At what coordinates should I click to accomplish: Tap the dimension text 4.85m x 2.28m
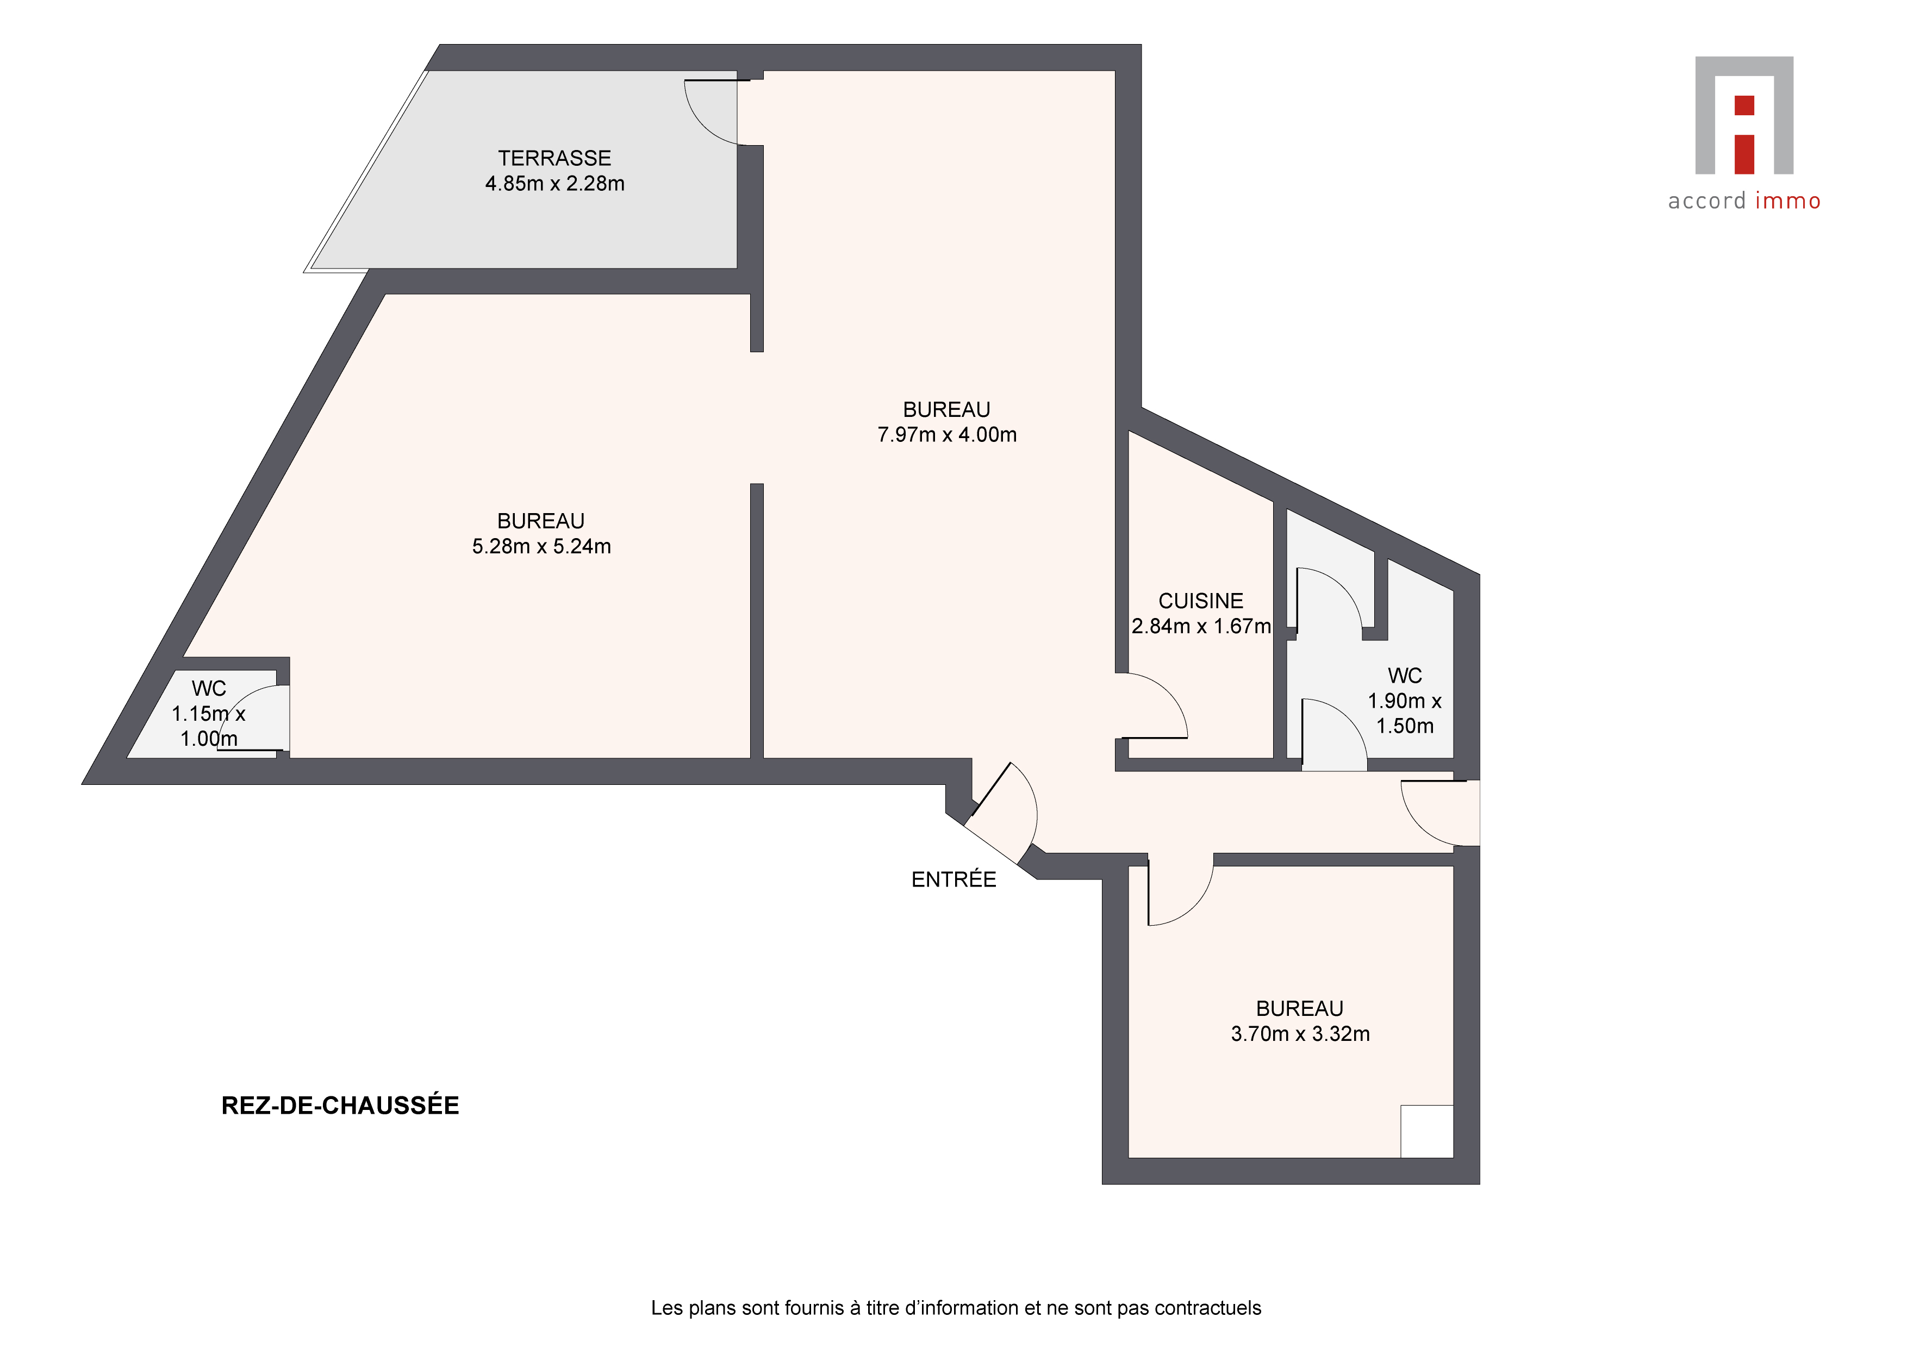tap(555, 184)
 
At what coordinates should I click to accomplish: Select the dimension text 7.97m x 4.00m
tap(947, 434)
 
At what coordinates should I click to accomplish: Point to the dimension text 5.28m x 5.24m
tap(541, 546)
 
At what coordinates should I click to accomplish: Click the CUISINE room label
tap(1201, 601)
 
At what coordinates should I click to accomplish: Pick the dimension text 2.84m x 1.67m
tap(1201, 626)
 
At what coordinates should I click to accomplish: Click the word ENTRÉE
tap(954, 879)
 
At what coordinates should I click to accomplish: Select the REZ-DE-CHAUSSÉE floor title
tap(340, 1106)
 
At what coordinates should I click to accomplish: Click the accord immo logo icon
tap(1744, 115)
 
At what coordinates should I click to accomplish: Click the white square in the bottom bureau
tap(1427, 1131)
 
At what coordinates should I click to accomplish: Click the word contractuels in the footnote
tap(1208, 1308)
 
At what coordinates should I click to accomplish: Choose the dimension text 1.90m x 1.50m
tap(1405, 714)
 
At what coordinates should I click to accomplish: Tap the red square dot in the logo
tap(1744, 105)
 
